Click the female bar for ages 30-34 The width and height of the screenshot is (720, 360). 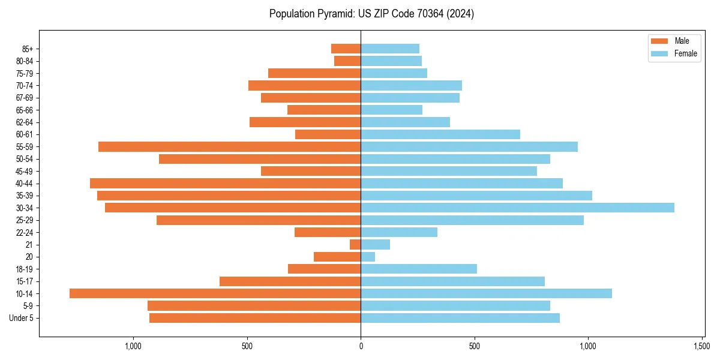(517, 208)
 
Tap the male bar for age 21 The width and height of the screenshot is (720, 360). (355, 244)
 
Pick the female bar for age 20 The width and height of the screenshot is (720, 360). (368, 257)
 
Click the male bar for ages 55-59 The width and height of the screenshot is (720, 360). (229, 146)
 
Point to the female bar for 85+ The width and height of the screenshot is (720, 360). (390, 49)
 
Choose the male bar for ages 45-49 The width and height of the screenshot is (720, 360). (311, 171)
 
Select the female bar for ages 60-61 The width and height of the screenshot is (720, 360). (440, 134)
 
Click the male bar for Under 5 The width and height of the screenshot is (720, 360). (255, 318)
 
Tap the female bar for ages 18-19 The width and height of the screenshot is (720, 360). (419, 269)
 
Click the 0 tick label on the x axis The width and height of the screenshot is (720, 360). (361, 346)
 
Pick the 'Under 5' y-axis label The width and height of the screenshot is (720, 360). (21, 318)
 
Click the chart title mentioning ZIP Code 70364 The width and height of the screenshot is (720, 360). (371, 14)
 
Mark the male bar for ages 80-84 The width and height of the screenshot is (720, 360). (347, 61)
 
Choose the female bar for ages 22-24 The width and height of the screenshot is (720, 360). (399, 232)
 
